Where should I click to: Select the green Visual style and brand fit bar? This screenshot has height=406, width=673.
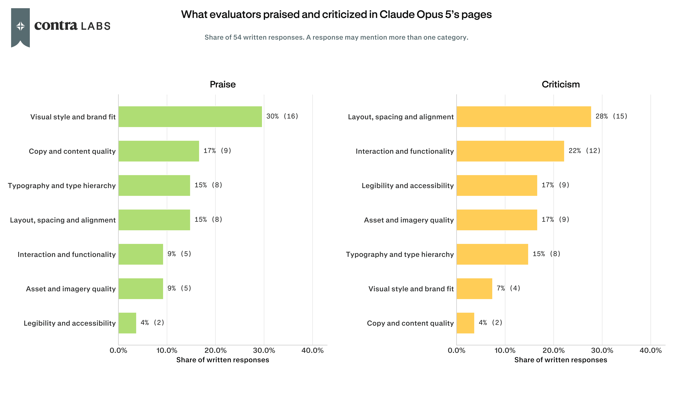(x=190, y=117)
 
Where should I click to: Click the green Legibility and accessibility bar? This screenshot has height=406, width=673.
(x=127, y=323)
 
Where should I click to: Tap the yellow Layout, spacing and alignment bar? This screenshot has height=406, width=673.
(x=524, y=117)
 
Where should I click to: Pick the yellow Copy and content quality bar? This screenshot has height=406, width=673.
(x=465, y=323)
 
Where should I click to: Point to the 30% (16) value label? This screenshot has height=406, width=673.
(x=282, y=116)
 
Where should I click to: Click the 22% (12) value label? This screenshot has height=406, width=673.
(x=584, y=151)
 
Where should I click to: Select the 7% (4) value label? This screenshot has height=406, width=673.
(x=508, y=288)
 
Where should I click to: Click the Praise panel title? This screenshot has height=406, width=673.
(x=223, y=84)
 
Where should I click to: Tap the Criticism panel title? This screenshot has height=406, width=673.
(x=561, y=84)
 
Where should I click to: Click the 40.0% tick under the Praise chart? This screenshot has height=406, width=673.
(x=312, y=351)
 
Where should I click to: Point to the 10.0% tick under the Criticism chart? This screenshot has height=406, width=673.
(x=505, y=351)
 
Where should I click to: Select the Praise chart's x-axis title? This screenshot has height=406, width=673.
(x=223, y=360)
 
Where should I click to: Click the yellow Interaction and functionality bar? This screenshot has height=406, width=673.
(x=510, y=151)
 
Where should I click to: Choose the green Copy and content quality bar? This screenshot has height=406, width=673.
(x=159, y=151)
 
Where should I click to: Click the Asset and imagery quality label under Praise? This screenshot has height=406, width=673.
(x=71, y=289)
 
